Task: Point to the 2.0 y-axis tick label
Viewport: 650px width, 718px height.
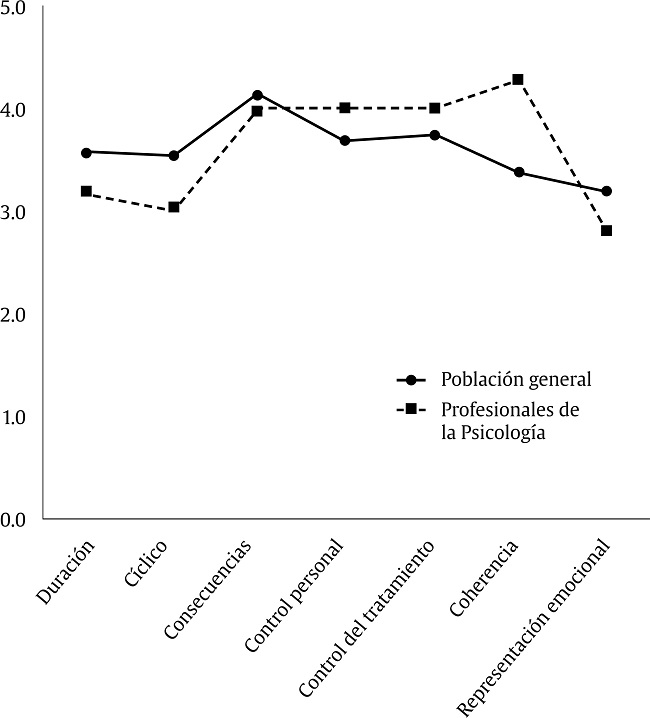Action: click(x=15, y=314)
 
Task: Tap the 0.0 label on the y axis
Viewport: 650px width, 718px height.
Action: click(x=15, y=519)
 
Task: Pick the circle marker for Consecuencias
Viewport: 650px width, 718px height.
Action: click(x=258, y=95)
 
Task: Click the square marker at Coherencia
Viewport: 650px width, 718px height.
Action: click(x=518, y=79)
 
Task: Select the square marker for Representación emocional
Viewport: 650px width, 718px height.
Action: click(x=606, y=231)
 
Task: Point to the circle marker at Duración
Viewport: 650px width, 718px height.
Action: click(x=86, y=152)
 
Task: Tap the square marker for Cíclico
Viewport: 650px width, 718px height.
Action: click(x=174, y=207)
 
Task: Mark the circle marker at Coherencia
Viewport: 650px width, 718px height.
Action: click(x=518, y=172)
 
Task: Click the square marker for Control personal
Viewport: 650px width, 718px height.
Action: click(x=345, y=108)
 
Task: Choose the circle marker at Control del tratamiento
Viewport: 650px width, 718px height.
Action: click(x=434, y=135)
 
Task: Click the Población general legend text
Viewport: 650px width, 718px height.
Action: click(x=516, y=380)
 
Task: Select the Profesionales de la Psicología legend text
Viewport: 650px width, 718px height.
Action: click(x=510, y=421)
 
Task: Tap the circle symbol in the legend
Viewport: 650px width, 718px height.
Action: click(x=411, y=380)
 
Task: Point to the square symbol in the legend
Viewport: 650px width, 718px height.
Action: click(x=411, y=410)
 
